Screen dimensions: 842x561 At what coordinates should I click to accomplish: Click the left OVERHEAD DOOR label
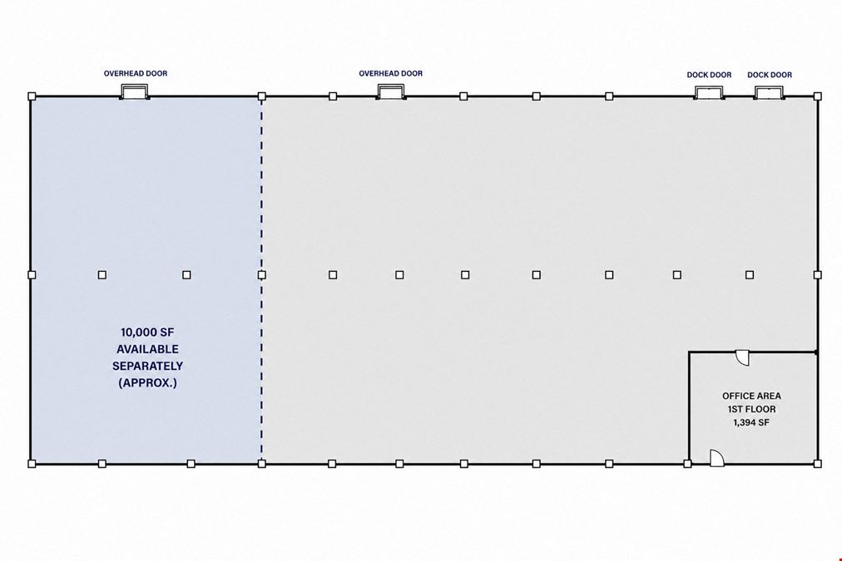(136, 73)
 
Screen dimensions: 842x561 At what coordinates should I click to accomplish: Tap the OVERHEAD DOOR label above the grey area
(390, 73)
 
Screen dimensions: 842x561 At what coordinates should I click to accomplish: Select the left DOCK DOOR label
(709, 75)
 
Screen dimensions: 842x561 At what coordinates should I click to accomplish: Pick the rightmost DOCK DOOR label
(770, 75)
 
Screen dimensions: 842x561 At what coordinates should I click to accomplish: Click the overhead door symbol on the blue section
(134, 91)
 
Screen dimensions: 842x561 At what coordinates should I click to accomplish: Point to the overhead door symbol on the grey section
(391, 91)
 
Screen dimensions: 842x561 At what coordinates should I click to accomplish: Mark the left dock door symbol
(709, 93)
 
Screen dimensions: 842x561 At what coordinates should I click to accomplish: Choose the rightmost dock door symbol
(769, 93)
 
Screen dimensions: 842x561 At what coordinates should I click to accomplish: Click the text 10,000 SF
(147, 332)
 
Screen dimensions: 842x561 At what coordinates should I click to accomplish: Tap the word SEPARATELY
(147, 367)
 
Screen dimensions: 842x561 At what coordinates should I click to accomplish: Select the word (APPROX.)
(147, 383)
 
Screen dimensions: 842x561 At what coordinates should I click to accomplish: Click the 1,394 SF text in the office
(751, 423)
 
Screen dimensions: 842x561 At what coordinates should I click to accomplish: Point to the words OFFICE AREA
(751, 396)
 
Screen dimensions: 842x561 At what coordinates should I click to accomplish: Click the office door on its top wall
(742, 357)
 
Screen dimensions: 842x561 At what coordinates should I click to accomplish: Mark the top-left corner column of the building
(32, 96)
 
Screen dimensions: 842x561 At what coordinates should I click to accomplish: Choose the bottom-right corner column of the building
(817, 464)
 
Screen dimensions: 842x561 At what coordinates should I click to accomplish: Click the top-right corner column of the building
(817, 96)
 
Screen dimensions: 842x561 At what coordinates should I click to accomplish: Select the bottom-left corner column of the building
(32, 464)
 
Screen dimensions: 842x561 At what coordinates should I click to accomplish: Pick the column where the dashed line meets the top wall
(261, 96)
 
